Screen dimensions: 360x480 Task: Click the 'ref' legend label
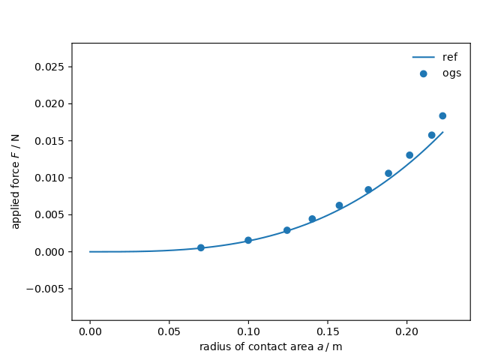(x=450, y=57)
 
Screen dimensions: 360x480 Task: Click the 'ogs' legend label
(x=451, y=73)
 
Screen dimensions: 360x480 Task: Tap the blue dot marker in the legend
(x=424, y=73)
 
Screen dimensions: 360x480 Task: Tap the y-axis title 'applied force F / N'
(x=16, y=181)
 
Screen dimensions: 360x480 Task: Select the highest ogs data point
(x=442, y=115)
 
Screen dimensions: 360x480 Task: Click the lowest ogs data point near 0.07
(x=200, y=247)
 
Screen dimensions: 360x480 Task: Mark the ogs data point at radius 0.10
(x=248, y=240)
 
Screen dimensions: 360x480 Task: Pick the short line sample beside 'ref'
(x=423, y=57)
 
